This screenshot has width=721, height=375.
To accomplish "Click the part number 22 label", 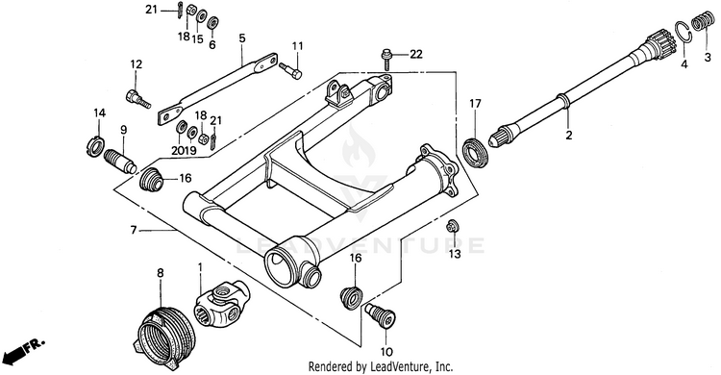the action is [415, 55].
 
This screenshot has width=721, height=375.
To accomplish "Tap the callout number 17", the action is [475, 104].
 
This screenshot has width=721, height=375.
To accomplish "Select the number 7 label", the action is [134, 230].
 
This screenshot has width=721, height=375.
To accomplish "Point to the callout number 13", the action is [455, 254].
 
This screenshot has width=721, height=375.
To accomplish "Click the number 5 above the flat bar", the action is [242, 37].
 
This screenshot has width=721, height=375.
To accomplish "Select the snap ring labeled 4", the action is [684, 33].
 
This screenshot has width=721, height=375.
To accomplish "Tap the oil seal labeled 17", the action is [476, 151].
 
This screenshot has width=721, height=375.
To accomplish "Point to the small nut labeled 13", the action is [452, 225].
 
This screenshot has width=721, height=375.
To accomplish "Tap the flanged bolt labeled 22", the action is [386, 60].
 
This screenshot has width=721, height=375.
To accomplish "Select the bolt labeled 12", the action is [137, 99].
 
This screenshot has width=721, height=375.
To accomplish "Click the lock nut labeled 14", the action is [95, 147].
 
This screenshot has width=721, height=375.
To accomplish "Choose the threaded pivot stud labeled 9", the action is [120, 161].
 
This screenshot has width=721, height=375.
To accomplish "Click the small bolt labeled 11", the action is [290, 69].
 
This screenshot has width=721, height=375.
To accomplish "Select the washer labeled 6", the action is [212, 23].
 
